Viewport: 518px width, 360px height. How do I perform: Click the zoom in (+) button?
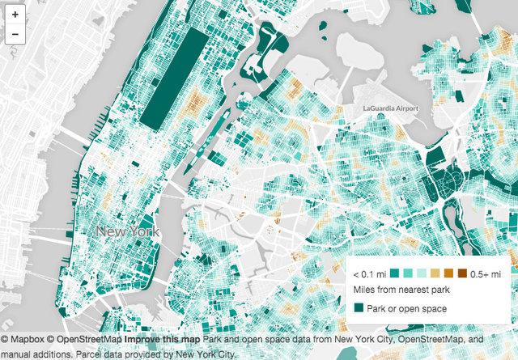pos(15,15)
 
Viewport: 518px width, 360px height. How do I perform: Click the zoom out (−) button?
pos(15,34)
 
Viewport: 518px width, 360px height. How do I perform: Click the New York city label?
pos(128,232)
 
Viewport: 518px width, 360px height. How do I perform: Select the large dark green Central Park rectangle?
pos(173,77)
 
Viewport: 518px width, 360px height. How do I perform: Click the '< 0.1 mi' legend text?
pos(369,273)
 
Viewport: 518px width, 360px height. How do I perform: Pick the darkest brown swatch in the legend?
pos(462,273)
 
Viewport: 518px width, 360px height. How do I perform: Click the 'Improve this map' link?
pos(155,341)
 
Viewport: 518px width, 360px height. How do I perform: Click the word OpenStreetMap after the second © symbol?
pos(89,341)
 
